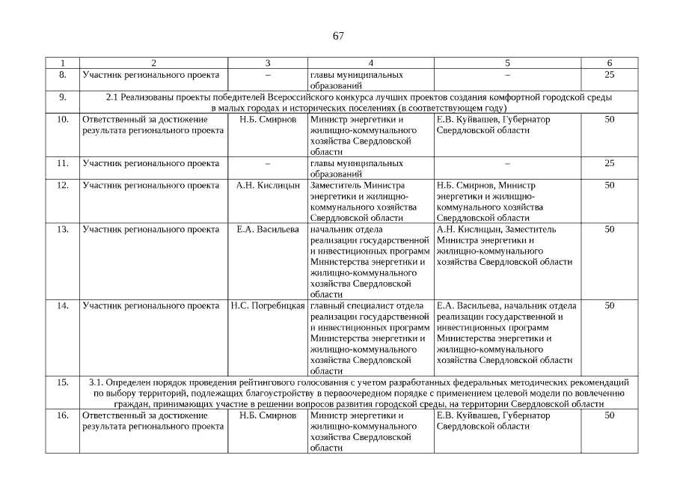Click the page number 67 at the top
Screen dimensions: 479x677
click(338, 37)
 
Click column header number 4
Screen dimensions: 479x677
click(370, 64)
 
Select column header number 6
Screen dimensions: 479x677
click(609, 64)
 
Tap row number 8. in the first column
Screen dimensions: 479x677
click(63, 76)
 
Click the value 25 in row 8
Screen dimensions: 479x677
click(609, 76)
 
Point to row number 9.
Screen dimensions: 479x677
click(63, 97)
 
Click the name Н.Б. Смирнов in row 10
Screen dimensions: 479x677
click(268, 120)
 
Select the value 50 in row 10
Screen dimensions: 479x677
click(609, 120)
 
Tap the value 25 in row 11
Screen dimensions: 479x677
click(609, 163)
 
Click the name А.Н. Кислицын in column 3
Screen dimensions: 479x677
click(268, 185)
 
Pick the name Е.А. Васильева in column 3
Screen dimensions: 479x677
click(268, 229)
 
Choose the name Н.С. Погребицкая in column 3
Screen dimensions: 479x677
click(268, 305)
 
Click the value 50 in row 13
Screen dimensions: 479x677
click(609, 229)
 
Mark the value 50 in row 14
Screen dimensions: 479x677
click(609, 305)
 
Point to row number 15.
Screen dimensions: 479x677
click(63, 382)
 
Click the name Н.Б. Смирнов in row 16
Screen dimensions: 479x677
click(268, 415)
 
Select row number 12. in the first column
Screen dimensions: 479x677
click(63, 185)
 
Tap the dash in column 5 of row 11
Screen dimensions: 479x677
click(507, 163)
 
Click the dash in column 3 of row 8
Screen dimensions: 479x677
click(268, 76)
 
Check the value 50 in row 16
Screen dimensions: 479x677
click(609, 415)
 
